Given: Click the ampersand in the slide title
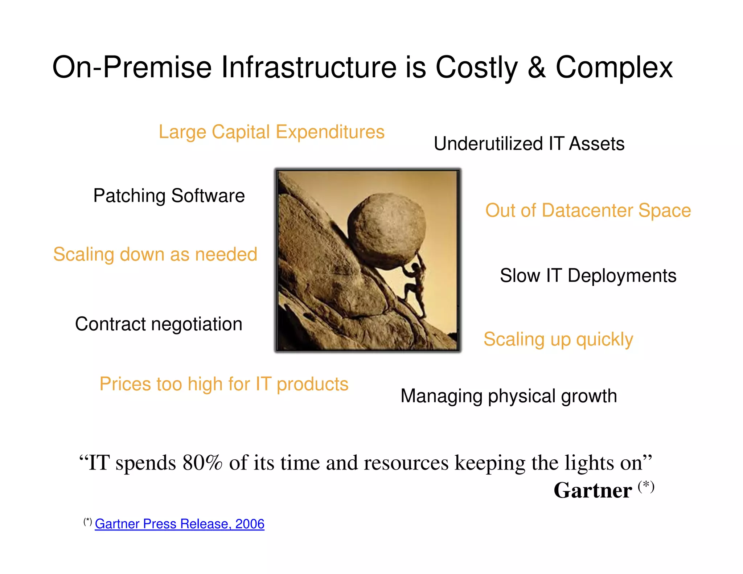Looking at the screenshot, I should pos(537,68).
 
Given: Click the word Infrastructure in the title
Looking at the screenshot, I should pos(309,68).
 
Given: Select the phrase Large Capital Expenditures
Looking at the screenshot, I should pos(271,132).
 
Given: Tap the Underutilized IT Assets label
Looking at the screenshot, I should pos(529,144).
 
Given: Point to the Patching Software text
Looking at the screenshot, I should pos(169,196).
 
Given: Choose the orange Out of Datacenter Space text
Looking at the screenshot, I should pos(588,210).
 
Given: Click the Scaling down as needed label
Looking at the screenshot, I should pos(155,254).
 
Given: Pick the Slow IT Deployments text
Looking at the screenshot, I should pos(588,276).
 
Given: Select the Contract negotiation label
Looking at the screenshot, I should pos(159,324).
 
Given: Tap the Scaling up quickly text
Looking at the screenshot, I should pos(558,340).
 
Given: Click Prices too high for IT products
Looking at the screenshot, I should pos(224,384).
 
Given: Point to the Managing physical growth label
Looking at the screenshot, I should pos(509,396).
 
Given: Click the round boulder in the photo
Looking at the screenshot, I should pos(386,230).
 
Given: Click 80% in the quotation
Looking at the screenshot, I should pos(202,463).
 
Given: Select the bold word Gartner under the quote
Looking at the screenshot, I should pos(592,491).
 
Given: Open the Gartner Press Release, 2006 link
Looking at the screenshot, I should pos(180,524).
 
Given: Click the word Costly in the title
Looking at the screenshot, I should pos(476,68).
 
